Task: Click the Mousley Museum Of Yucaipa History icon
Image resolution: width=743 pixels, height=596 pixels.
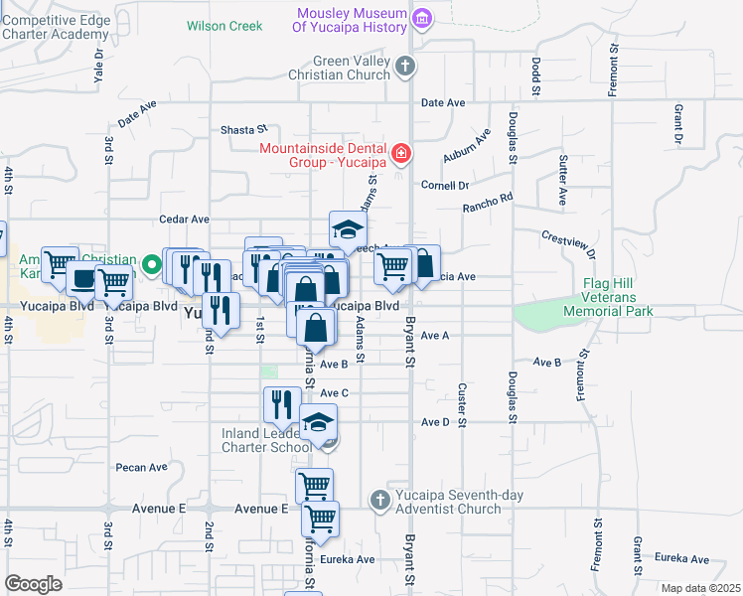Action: (422, 18)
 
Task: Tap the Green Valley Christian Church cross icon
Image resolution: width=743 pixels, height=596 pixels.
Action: (403, 67)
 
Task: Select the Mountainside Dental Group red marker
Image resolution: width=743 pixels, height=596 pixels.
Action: (400, 153)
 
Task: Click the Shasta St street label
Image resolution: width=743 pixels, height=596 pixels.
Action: (244, 129)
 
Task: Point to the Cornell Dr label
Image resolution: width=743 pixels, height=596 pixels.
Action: (444, 185)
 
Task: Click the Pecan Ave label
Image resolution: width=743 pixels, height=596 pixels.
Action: (141, 467)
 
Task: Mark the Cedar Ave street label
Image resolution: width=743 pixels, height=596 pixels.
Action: (185, 219)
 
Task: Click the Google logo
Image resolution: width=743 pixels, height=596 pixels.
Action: (33, 584)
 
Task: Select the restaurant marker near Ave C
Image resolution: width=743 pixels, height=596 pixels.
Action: (281, 403)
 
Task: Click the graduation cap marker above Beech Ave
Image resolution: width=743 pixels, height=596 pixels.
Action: (348, 229)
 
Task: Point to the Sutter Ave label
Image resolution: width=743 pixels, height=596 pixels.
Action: (562, 180)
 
